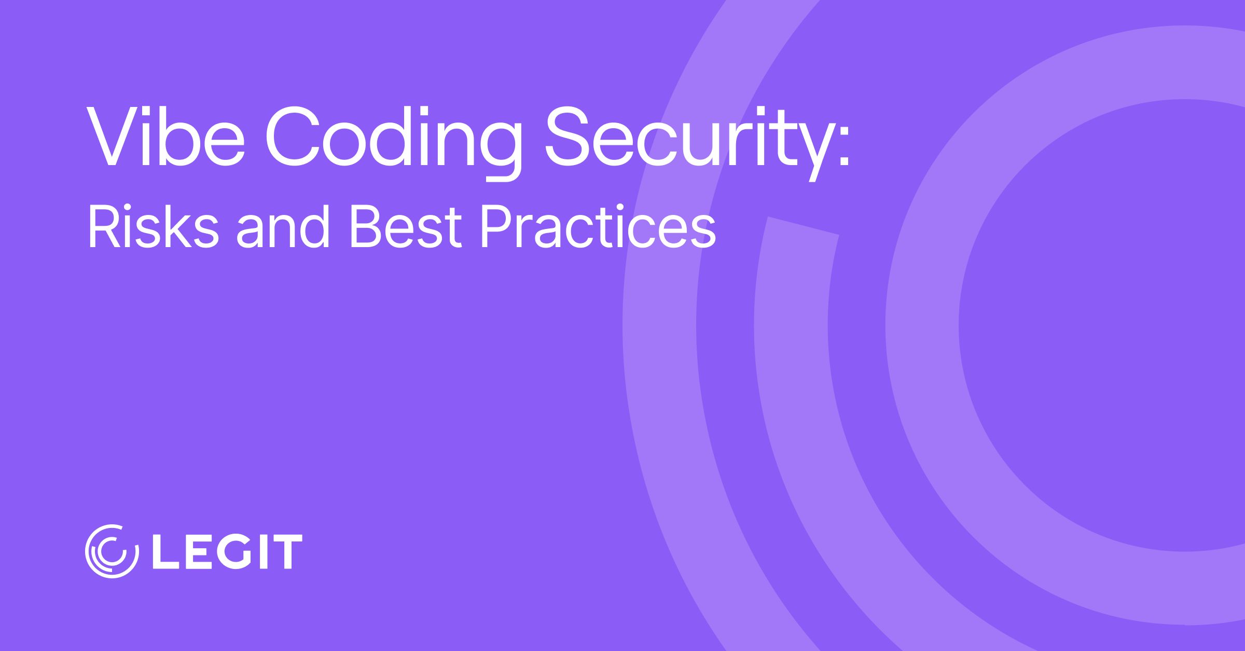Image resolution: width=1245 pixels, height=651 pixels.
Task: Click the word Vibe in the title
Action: tap(165, 136)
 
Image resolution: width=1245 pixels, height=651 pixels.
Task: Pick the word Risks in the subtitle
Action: tap(154, 226)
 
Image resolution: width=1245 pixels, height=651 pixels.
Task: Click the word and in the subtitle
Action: tap(283, 226)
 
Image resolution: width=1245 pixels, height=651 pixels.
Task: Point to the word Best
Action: tap(406, 226)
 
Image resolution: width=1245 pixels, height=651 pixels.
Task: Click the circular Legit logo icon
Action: tap(112, 551)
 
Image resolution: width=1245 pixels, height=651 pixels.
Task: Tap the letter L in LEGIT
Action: tap(165, 551)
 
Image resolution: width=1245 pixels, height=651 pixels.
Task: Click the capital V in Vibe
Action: tap(112, 136)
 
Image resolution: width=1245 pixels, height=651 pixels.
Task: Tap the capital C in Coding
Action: tap(292, 136)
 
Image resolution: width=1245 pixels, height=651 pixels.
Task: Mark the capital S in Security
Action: tap(567, 136)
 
